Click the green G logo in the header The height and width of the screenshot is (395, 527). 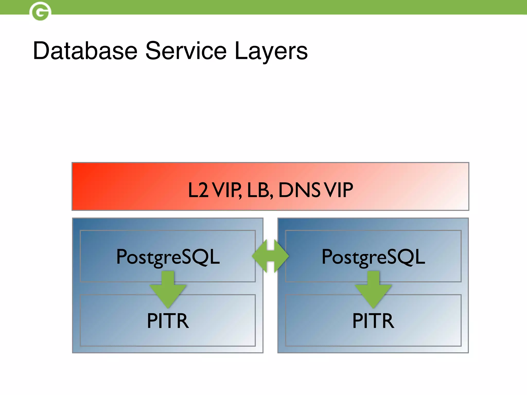[x=40, y=12]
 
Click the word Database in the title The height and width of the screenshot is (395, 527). [x=85, y=51]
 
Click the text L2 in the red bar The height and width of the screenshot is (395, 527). [x=198, y=190]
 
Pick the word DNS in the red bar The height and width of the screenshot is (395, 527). [x=300, y=190]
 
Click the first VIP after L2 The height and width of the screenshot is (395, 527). [x=227, y=190]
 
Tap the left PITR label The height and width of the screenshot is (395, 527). [x=168, y=321]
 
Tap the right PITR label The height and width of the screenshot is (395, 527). [x=373, y=321]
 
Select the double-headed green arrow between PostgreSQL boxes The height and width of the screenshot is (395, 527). [x=270, y=256]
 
